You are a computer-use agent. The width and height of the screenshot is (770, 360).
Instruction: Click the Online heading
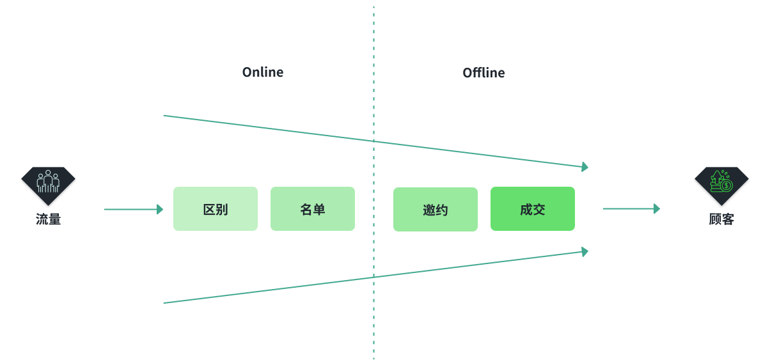pyautogui.click(x=263, y=72)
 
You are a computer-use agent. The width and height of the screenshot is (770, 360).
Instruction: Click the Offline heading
pyautogui.click(x=483, y=73)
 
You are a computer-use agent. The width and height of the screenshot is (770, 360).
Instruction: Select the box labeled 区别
pyautogui.click(x=216, y=208)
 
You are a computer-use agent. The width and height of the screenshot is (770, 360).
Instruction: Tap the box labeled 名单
pyautogui.click(x=313, y=208)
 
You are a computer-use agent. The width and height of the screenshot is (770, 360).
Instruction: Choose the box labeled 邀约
pyautogui.click(x=436, y=209)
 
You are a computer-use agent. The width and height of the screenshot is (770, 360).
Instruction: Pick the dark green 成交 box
pyautogui.click(x=533, y=208)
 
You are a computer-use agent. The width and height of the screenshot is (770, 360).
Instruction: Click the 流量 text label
pyautogui.click(x=48, y=219)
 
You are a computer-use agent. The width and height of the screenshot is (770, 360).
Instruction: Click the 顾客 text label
pyautogui.click(x=721, y=219)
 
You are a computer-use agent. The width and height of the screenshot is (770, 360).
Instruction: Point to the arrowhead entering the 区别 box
pyautogui.click(x=160, y=209)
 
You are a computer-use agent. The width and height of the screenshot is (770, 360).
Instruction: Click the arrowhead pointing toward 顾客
pyautogui.click(x=657, y=208)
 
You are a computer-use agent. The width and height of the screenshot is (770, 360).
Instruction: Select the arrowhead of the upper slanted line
pyautogui.click(x=585, y=167)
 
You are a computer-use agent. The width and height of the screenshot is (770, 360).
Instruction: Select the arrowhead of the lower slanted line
pyautogui.click(x=585, y=252)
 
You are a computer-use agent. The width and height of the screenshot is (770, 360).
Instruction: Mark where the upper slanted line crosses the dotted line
pyautogui.click(x=373, y=141)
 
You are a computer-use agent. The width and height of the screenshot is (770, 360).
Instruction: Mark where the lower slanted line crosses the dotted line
pyautogui.click(x=373, y=277)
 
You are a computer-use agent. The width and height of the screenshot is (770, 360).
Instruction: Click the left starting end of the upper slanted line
pyautogui.click(x=164, y=116)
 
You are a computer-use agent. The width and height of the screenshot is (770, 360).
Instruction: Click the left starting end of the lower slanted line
pyautogui.click(x=164, y=303)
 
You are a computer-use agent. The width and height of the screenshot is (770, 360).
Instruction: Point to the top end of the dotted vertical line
pyautogui.click(x=373, y=7)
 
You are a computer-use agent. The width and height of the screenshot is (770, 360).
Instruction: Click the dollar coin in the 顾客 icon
pyautogui.click(x=727, y=186)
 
